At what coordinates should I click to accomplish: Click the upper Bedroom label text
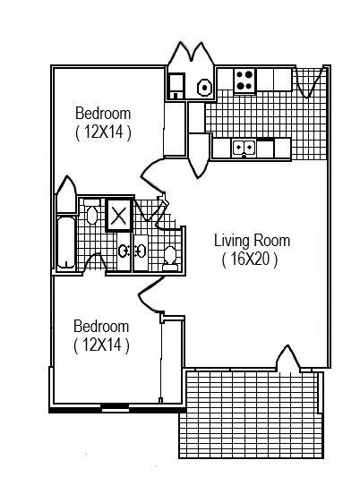click(x=103, y=114)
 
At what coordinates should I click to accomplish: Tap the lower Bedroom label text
click(x=101, y=326)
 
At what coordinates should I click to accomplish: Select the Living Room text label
click(x=252, y=242)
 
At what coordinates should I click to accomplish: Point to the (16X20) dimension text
click(x=251, y=260)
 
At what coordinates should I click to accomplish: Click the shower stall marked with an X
click(x=119, y=215)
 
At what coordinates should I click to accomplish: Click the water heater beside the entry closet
click(x=203, y=87)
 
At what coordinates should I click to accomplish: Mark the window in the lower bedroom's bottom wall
click(x=114, y=408)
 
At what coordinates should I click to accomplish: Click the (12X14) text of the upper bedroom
click(x=103, y=132)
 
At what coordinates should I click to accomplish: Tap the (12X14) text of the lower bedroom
click(x=101, y=345)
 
